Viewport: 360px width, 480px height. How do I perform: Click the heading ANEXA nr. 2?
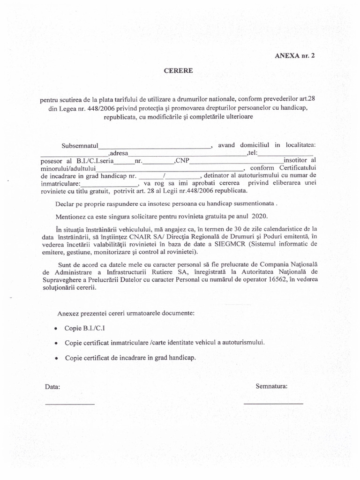coord(295,55)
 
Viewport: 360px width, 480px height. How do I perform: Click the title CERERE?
coord(178,71)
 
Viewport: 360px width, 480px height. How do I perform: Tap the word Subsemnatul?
coord(79,146)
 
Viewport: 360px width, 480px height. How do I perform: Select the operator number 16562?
coord(273,280)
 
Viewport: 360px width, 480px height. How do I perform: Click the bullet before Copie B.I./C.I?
coord(56,328)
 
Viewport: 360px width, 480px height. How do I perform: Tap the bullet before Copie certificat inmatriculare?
coord(56,343)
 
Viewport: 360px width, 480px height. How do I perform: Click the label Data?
coord(52,387)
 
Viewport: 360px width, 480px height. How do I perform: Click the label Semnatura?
coord(271,387)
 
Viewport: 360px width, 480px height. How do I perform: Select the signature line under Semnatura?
coord(273,404)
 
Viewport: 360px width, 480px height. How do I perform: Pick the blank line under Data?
coord(69,404)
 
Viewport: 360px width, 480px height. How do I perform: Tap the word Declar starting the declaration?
coord(66,204)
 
